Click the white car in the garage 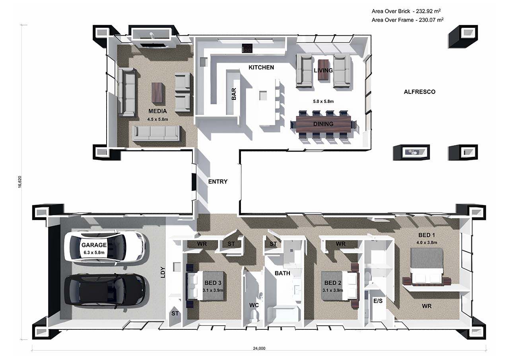tap(105, 247)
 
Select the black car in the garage tap(105, 290)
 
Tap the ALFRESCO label tap(420, 92)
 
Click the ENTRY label tap(218, 182)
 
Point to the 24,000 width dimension tap(259, 348)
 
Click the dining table tap(323, 124)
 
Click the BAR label tap(234, 94)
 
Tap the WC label tap(254, 305)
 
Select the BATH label tap(282, 273)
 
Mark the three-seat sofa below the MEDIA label tap(156, 133)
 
